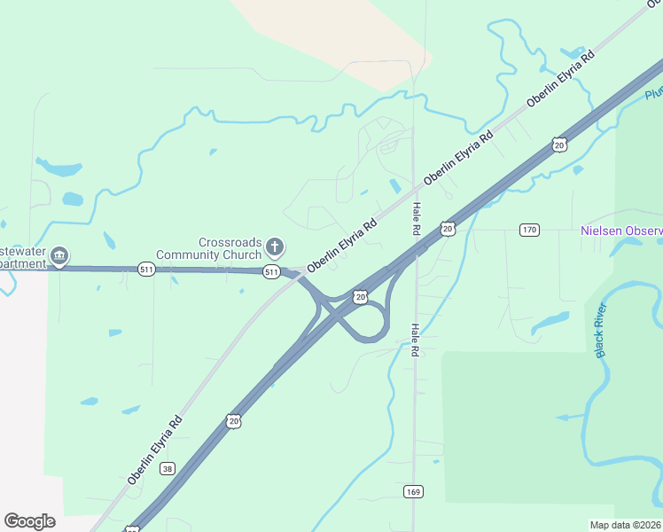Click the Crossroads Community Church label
(230, 248)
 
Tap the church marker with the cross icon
(275, 246)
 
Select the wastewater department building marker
(59, 257)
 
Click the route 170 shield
(529, 230)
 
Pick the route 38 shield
(169, 469)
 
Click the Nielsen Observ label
(620, 231)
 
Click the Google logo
(29, 521)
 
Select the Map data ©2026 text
(625, 525)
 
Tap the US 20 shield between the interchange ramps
(360, 297)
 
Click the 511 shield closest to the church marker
(272, 272)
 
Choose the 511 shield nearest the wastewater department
(146, 269)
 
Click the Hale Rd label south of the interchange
(413, 340)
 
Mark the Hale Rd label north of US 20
(415, 218)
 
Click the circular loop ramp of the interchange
(371, 322)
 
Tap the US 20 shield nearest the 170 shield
(448, 229)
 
